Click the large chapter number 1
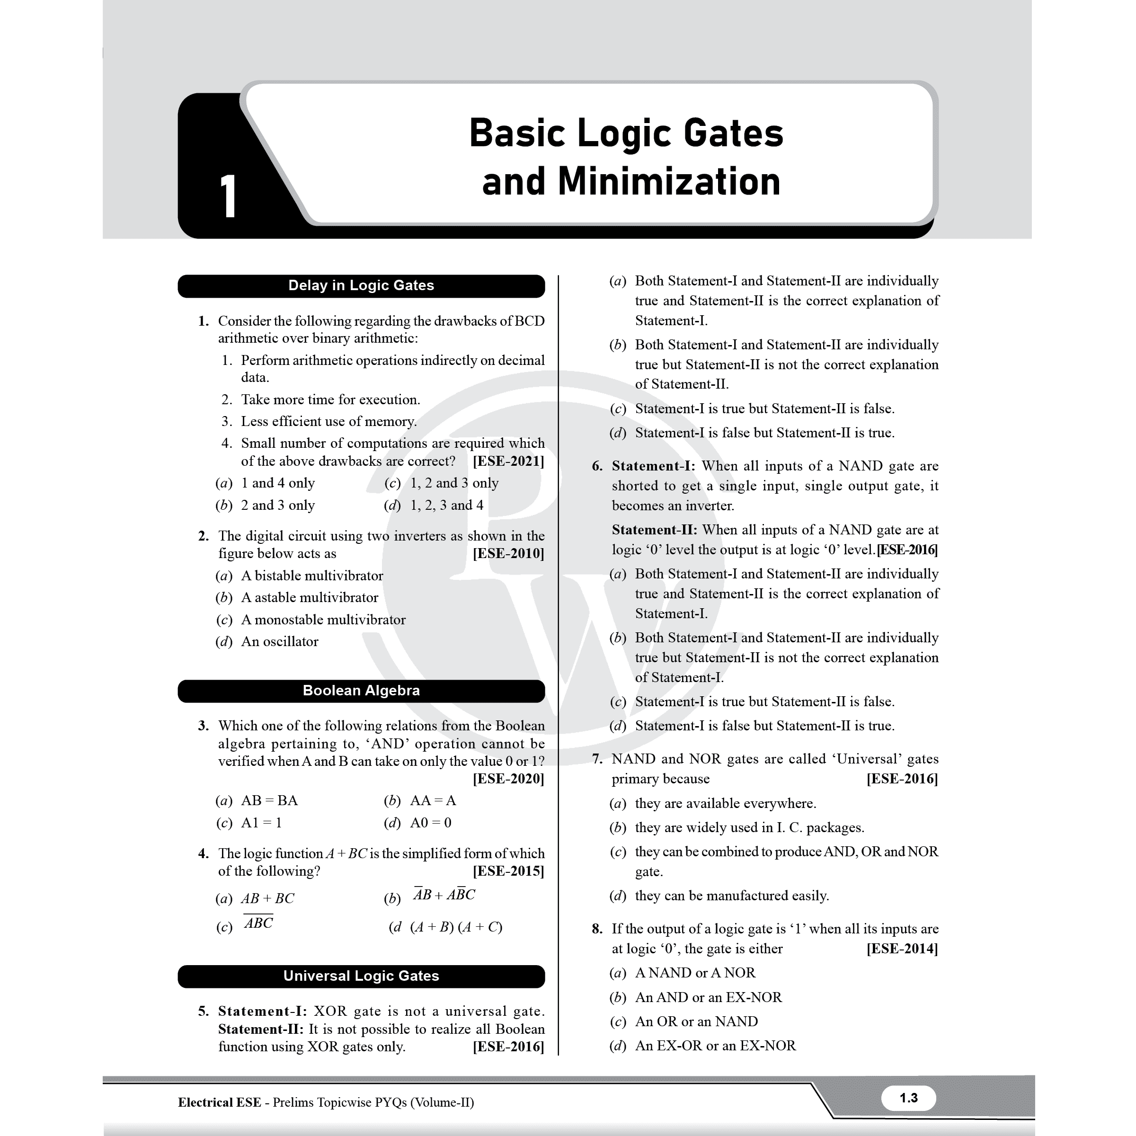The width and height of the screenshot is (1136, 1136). click(228, 196)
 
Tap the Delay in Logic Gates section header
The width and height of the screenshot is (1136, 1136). click(361, 286)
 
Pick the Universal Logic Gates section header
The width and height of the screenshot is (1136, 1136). click(361, 976)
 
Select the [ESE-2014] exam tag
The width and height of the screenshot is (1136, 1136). click(902, 949)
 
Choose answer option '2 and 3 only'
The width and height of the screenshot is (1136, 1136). click(277, 505)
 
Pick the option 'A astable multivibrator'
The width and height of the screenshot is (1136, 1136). click(309, 597)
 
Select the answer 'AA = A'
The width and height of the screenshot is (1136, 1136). click(433, 800)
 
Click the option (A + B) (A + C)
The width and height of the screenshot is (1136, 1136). click(456, 927)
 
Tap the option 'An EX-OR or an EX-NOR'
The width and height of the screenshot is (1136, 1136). click(715, 1046)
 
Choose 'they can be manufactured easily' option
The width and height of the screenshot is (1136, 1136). click(731, 896)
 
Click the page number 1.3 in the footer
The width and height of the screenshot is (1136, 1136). click(908, 1098)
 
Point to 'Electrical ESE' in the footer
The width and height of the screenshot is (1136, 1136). click(219, 1102)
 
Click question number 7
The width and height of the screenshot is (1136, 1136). click(597, 759)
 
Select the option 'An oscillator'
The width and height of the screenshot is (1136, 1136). click(279, 641)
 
